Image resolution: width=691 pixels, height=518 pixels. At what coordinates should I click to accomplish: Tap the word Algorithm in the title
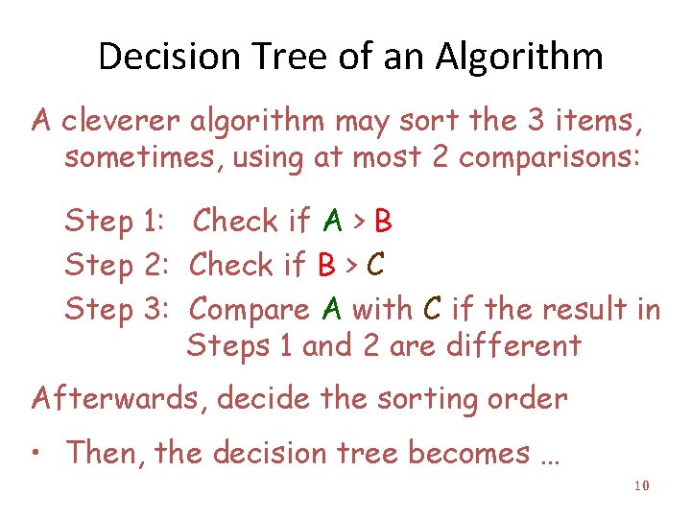(518, 58)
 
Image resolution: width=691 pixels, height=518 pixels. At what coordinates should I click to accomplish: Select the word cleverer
(121, 121)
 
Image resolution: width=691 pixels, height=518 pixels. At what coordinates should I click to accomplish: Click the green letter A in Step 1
(333, 223)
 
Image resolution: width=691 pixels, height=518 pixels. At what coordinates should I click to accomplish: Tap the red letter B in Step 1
(383, 223)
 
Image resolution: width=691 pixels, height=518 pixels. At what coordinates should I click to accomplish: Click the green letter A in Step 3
(332, 309)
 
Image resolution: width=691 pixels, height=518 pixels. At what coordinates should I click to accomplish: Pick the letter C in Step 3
(432, 309)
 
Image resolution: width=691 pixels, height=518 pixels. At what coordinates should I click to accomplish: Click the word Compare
(250, 309)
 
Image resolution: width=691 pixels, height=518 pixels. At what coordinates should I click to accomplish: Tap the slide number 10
(642, 486)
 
